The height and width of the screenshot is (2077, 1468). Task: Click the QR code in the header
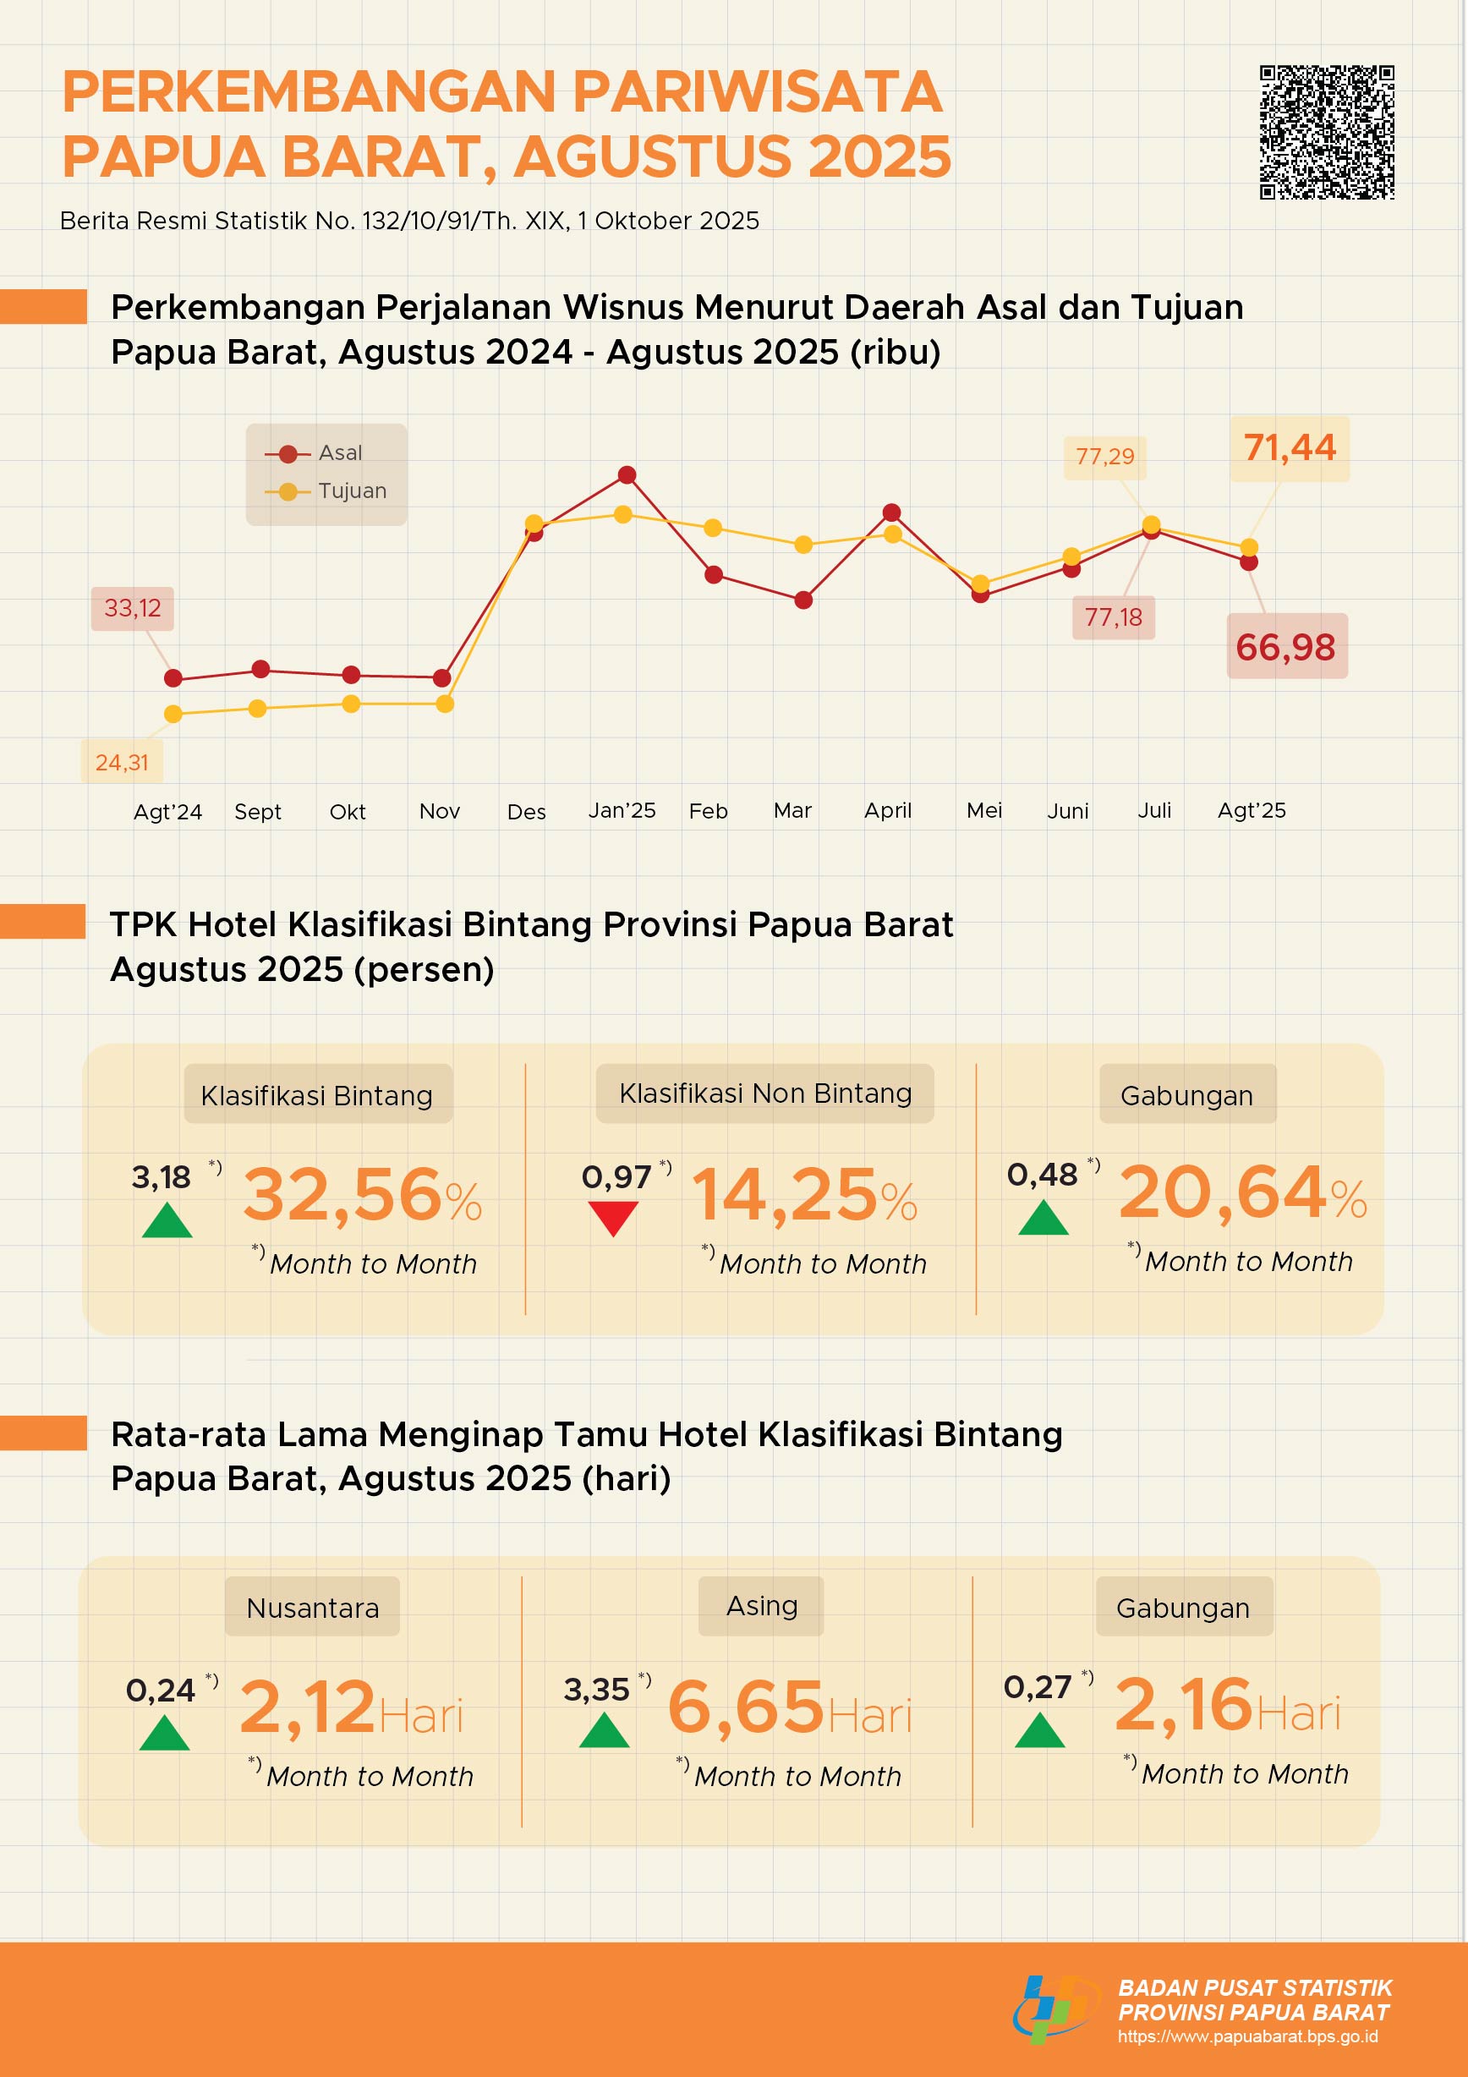[1326, 132]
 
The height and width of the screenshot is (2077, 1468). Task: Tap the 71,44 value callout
[1289, 447]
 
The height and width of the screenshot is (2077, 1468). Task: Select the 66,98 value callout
[1285, 647]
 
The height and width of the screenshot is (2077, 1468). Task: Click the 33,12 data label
[132, 608]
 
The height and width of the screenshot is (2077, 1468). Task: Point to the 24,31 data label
[122, 763]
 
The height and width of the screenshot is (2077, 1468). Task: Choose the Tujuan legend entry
[326, 491]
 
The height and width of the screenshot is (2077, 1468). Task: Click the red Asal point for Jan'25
[627, 475]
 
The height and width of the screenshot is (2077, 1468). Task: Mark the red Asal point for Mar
[803, 600]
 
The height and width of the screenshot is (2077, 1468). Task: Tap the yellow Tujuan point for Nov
[444, 704]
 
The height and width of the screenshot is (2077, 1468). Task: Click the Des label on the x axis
[527, 812]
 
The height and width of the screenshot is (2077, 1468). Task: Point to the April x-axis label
[887, 810]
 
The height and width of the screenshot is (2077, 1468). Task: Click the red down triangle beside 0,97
[612, 1218]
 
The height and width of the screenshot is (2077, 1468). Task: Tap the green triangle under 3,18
[167, 1221]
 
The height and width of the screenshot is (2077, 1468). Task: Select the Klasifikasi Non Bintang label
[764, 1093]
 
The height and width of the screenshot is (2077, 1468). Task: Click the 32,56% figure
[362, 1196]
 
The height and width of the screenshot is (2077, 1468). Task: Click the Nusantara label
[312, 1608]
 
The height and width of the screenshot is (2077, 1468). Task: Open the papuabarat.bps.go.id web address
[1247, 2036]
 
